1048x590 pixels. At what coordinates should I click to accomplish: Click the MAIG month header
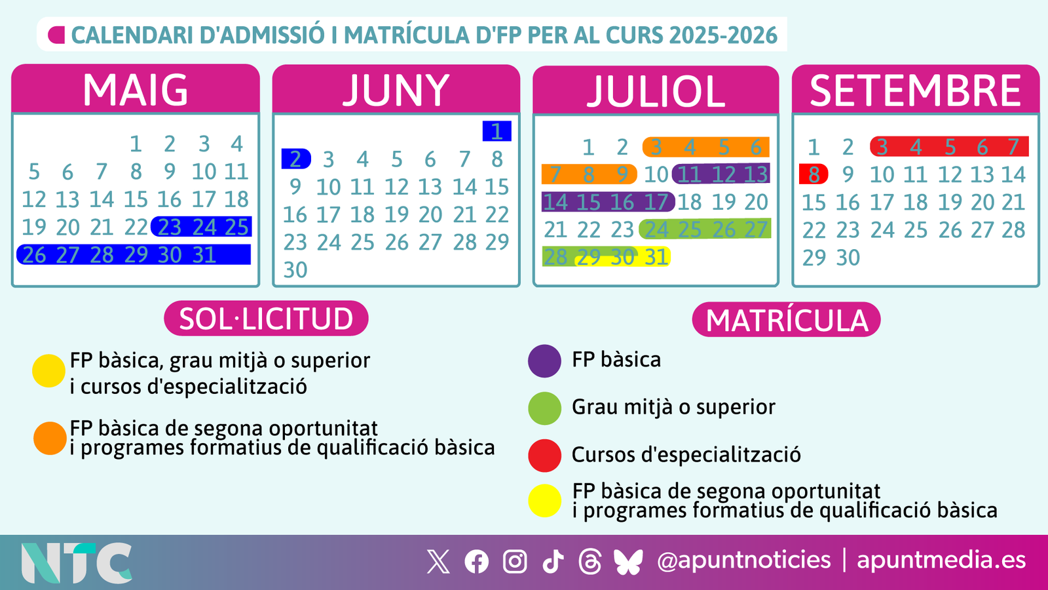click(x=136, y=89)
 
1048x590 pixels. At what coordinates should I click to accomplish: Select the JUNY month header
click(x=396, y=90)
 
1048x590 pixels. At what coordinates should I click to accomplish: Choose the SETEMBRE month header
click(x=915, y=90)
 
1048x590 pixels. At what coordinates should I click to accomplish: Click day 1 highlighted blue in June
click(x=496, y=131)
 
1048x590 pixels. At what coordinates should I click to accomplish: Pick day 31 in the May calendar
click(x=204, y=254)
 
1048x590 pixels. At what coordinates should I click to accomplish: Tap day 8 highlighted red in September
click(x=814, y=174)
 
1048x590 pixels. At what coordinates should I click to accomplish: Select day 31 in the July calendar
click(x=656, y=257)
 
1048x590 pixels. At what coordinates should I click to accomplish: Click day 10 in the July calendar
click(x=656, y=174)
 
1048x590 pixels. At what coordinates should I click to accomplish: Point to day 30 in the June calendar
click(x=295, y=269)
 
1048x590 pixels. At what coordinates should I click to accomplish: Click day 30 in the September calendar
click(x=848, y=258)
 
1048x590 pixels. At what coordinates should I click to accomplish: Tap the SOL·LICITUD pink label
click(x=266, y=319)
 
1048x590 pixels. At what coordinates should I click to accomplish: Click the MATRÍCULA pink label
click(x=786, y=320)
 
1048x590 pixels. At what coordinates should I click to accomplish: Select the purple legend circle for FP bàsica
click(x=544, y=361)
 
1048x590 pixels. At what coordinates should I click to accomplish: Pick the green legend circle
click(x=544, y=408)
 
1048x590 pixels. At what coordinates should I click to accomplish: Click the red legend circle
click(x=544, y=456)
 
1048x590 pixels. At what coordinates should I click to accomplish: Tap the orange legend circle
click(x=50, y=438)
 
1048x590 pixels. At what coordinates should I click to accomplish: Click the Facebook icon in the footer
click(x=476, y=562)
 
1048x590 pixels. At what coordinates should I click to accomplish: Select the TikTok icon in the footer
click(x=553, y=562)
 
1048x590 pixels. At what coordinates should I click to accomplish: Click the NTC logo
click(x=77, y=562)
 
